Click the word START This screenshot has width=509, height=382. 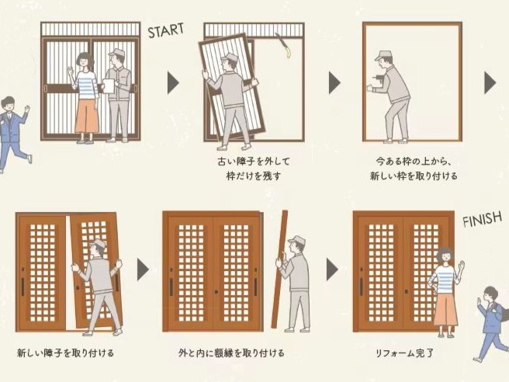pos(166,31)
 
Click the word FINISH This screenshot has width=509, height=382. pos(482,221)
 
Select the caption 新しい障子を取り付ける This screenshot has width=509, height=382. pos(65,353)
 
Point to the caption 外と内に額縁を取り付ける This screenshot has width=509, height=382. pos(230,353)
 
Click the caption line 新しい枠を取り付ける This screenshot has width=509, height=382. pos(413,176)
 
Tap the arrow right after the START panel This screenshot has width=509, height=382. pos(172,82)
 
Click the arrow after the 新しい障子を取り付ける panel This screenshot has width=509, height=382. pos(143,269)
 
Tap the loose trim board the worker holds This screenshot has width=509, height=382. pos(279,268)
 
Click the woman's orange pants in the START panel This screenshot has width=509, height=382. pos(85,116)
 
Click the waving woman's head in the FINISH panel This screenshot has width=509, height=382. pos(445,255)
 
